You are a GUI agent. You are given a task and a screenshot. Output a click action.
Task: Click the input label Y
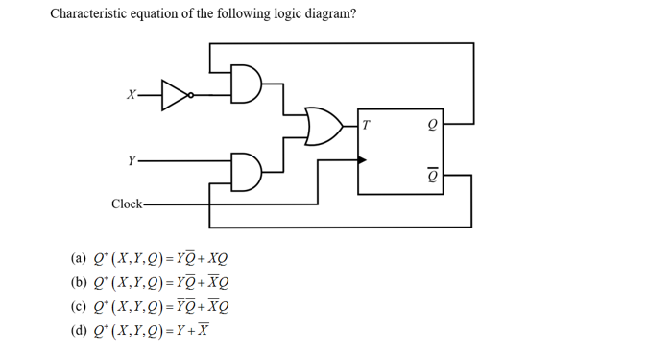[x=131, y=160]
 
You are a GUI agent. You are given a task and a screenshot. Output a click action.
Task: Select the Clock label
[x=126, y=204]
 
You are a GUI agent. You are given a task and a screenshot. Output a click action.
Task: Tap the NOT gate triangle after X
[x=174, y=95]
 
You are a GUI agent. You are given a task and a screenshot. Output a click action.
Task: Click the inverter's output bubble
[x=191, y=95]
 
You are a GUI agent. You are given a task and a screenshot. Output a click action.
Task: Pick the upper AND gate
[x=247, y=84]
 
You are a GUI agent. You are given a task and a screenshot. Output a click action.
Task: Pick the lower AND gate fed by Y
[x=247, y=170]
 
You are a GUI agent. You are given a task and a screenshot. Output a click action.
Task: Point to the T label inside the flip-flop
[x=366, y=125]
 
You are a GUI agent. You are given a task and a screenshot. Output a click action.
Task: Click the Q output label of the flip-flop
[x=432, y=125]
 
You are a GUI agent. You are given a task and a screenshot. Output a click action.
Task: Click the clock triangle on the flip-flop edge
[x=361, y=160]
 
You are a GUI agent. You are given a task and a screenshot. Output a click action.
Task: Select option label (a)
[x=79, y=259]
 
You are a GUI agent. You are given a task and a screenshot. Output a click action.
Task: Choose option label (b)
[x=79, y=283]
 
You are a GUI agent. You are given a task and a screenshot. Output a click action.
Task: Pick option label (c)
[x=79, y=307]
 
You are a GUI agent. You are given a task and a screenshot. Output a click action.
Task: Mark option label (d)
[x=79, y=331]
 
